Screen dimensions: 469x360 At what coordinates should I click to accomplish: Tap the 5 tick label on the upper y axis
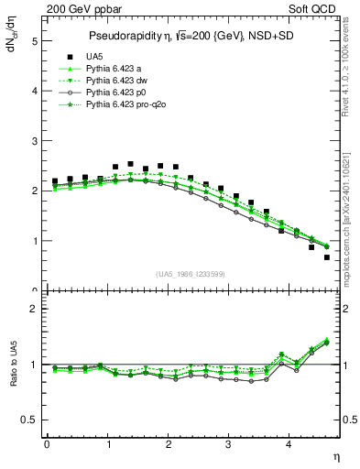34,41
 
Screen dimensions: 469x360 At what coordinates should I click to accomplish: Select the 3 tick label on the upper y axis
34,141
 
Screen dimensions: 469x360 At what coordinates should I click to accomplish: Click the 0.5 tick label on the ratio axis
29,420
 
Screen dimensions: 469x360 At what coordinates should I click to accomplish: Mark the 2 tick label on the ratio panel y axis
34,309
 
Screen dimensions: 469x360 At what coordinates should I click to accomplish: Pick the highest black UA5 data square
130,164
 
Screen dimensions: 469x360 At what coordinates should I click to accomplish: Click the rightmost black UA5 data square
326,257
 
